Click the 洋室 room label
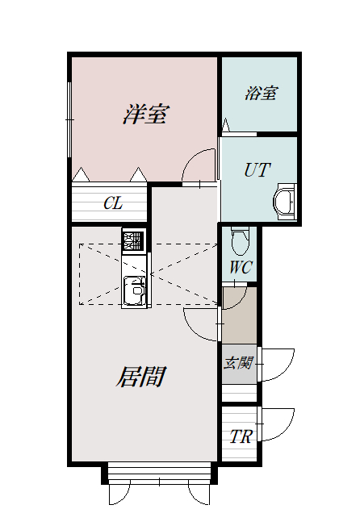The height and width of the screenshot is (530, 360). point(144,115)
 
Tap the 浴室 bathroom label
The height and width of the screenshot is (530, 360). point(262,93)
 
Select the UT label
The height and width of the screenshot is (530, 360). point(257,169)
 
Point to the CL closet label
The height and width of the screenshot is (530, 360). point(113,203)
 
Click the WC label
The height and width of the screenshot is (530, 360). point(241,267)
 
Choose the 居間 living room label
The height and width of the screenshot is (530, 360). point(140,376)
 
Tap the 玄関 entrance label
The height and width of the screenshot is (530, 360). point(238,363)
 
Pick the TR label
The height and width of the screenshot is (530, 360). point(241,436)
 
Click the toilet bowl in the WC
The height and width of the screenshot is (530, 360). point(241,241)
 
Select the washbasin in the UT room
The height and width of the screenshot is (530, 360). point(285,202)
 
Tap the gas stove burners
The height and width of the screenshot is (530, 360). point(133,240)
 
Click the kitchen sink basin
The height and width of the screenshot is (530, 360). point(135,290)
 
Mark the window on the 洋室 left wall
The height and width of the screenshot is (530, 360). point(69,119)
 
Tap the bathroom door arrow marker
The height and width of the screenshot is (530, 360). point(226,124)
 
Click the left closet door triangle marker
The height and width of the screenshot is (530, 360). point(82,174)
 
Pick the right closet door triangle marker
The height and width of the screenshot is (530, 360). point(138,174)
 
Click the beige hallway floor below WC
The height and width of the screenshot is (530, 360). point(239,315)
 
